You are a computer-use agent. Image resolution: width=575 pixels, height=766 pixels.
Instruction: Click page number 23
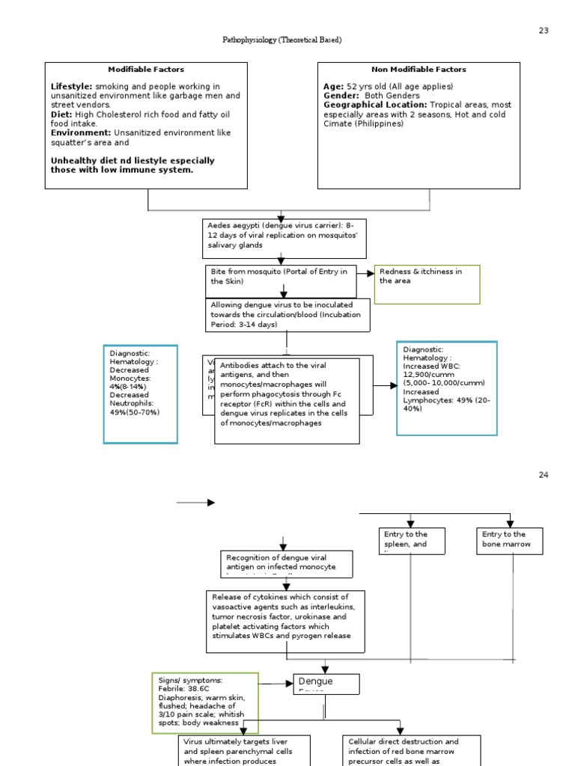pos(543,31)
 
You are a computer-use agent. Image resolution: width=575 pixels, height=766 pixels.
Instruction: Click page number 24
pos(543,476)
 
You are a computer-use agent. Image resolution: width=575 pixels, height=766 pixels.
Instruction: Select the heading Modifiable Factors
pos(146,70)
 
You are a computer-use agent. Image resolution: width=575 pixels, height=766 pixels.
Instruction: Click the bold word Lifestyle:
pos(72,87)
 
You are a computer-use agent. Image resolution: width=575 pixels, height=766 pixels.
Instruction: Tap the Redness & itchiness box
pos(427,284)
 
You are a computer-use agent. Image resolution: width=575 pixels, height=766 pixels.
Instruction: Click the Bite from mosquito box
pos(279,278)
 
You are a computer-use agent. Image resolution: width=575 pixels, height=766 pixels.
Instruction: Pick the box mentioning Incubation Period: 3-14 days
pos(288,315)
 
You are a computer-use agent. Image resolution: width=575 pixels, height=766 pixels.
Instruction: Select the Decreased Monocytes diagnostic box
pos(141,393)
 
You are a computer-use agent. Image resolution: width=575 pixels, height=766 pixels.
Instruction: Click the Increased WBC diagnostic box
pos(446,387)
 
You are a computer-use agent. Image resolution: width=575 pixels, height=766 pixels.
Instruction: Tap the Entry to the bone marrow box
pos(510,540)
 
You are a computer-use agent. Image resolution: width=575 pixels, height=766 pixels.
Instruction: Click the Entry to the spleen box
pos(411,540)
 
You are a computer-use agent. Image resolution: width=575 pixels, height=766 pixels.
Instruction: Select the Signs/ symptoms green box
pos(205,702)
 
